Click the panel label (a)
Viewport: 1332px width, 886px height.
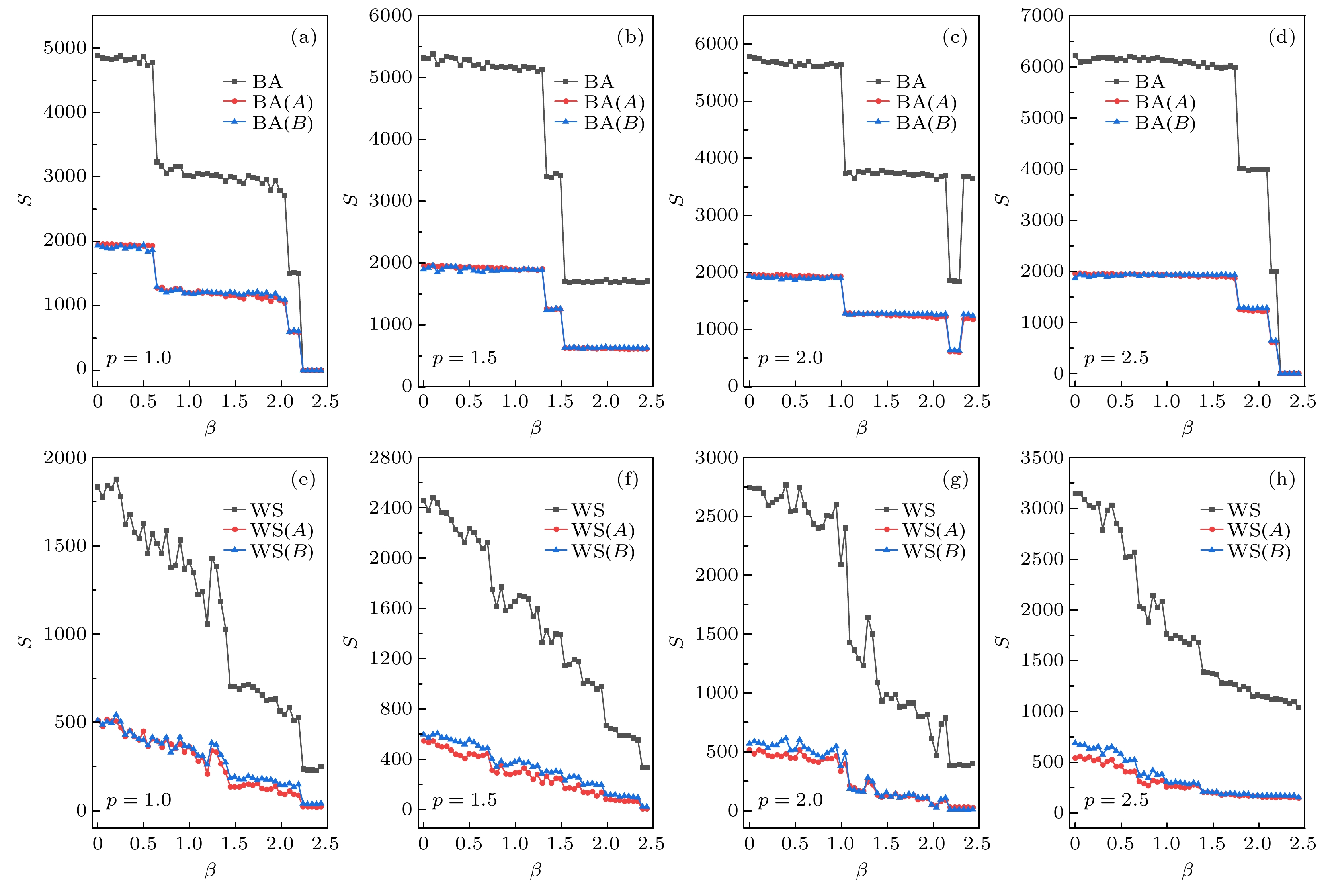[303, 38]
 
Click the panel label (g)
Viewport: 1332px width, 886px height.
[955, 480]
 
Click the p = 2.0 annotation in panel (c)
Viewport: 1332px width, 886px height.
[790, 358]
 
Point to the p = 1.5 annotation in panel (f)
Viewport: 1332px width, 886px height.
[464, 800]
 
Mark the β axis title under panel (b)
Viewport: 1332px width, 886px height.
[535, 428]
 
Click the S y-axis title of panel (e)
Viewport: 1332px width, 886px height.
[25, 642]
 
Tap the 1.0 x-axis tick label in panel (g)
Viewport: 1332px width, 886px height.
[840, 844]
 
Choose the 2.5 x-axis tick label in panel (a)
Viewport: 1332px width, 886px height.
[325, 402]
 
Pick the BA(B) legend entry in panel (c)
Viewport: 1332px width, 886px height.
[926, 123]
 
